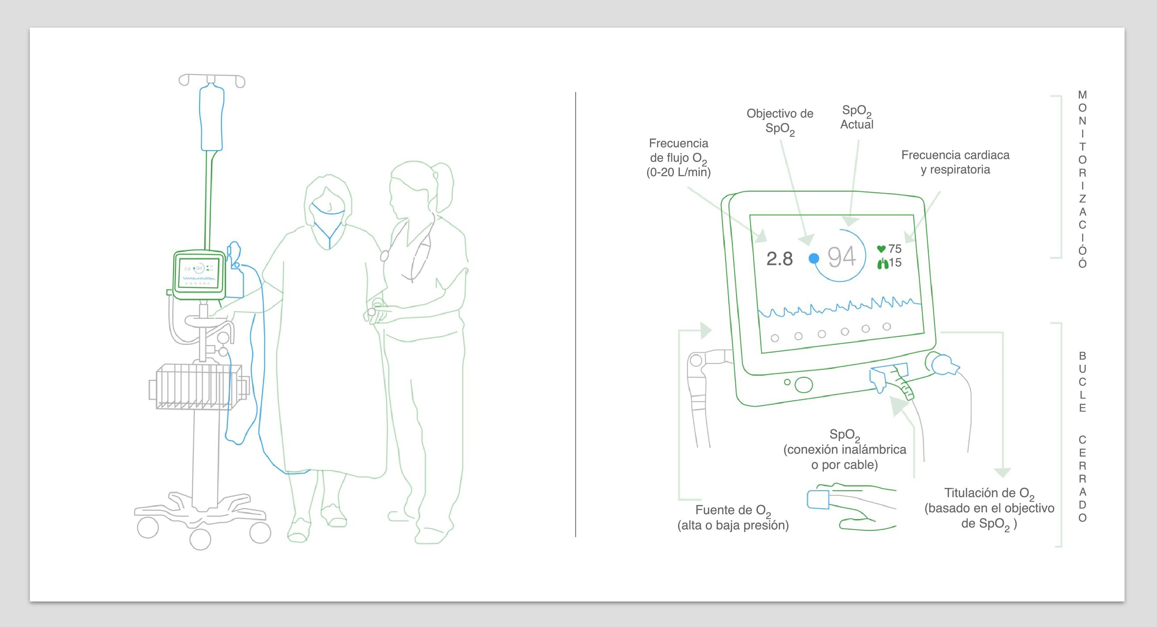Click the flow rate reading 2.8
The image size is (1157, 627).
[779, 259]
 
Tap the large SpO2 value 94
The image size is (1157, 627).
[842, 257]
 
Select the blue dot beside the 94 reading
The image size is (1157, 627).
[813, 258]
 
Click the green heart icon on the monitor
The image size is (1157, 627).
[881, 249]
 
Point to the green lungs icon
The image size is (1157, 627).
[882, 264]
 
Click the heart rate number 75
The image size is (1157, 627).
[895, 249]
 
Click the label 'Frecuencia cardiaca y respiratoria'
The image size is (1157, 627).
[955, 162]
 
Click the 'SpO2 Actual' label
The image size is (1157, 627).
[856, 118]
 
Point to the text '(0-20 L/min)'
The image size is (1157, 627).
[678, 172]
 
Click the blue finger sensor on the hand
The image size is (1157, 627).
[818, 499]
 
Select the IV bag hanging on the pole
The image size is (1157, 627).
[211, 118]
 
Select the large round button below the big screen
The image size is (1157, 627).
[804, 385]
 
